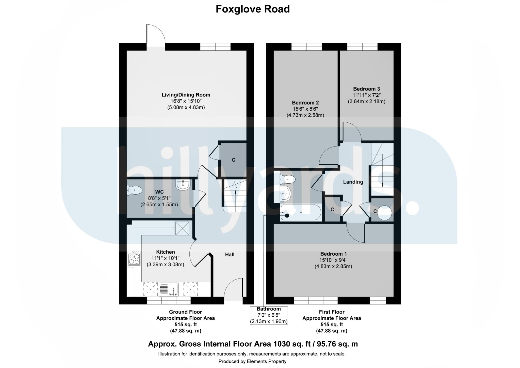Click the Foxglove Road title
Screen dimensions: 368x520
click(252, 9)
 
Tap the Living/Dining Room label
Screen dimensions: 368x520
click(186, 95)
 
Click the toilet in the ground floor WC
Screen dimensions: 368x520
click(134, 190)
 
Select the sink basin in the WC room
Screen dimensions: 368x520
click(183, 185)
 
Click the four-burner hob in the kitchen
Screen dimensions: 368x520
click(134, 258)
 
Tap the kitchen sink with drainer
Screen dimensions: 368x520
click(169, 289)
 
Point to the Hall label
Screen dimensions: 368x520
click(230, 255)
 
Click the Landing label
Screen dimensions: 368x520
click(353, 182)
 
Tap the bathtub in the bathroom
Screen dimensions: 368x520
click(300, 212)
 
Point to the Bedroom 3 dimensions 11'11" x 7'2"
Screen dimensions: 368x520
click(366, 95)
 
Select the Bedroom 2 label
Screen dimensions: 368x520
click(305, 103)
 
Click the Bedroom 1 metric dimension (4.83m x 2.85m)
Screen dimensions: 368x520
click(333, 266)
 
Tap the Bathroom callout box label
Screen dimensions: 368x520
click(269, 309)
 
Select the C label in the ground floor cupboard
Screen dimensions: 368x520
click(233, 160)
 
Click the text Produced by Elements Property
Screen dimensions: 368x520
click(252, 361)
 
